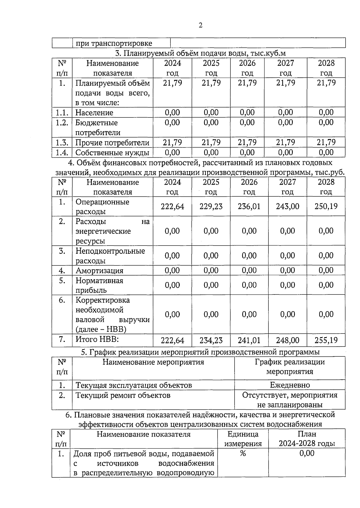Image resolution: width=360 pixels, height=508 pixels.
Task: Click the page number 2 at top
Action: tap(200, 25)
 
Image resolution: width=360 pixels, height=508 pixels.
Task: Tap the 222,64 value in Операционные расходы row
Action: tap(172, 206)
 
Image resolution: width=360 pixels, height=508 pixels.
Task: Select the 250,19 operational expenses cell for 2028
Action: tap(326, 206)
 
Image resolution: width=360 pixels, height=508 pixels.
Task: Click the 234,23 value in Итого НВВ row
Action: tap(211, 340)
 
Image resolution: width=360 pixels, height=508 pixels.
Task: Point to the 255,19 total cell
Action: tap(326, 340)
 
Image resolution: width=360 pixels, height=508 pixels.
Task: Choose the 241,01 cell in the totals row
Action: tap(249, 340)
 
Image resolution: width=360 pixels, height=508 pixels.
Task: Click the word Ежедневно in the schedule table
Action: tap(290, 385)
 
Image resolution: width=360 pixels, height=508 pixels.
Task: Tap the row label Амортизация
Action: tap(99, 271)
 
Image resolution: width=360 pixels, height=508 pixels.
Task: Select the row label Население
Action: tap(94, 113)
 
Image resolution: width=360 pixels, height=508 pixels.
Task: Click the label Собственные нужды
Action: tap(112, 153)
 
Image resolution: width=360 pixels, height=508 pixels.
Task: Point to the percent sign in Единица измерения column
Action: tap(243, 453)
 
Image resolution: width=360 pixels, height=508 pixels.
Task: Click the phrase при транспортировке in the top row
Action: tap(114, 43)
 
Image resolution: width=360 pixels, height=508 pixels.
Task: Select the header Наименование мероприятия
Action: tap(153, 362)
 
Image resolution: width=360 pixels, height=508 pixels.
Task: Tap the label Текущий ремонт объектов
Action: tap(123, 395)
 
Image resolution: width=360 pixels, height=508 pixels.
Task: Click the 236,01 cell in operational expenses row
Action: tap(249, 206)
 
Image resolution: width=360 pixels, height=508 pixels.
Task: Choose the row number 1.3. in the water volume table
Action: tap(62, 143)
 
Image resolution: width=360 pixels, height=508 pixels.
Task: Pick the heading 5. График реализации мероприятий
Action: tap(200, 352)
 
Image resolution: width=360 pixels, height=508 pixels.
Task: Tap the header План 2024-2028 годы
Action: tap(307, 439)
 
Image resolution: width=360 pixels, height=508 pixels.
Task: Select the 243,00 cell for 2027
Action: tap(287, 206)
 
